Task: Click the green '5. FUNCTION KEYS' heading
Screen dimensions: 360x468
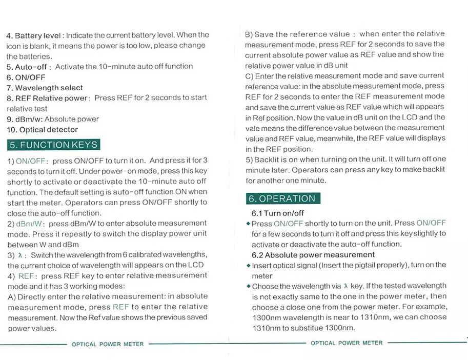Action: point(53,145)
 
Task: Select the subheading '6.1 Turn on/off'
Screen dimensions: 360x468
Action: point(277,213)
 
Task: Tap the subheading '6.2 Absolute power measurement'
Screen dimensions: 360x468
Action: point(313,255)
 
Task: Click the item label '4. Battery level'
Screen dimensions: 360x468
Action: point(34,35)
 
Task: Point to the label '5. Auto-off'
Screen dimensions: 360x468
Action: point(27,67)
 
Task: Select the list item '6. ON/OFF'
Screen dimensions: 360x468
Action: point(26,77)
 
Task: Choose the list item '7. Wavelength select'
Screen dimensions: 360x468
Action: point(45,88)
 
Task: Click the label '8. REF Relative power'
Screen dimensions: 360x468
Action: point(48,98)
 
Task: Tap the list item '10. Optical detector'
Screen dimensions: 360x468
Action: point(42,130)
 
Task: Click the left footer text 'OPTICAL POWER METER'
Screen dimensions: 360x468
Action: point(108,344)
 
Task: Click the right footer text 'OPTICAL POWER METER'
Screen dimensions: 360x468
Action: point(347,343)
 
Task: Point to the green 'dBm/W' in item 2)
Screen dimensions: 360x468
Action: point(30,224)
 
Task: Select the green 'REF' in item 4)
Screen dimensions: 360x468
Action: point(26,276)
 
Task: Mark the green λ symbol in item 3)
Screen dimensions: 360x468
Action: point(20,255)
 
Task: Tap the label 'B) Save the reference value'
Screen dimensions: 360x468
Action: point(297,34)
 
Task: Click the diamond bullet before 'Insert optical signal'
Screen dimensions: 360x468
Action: point(248,266)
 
